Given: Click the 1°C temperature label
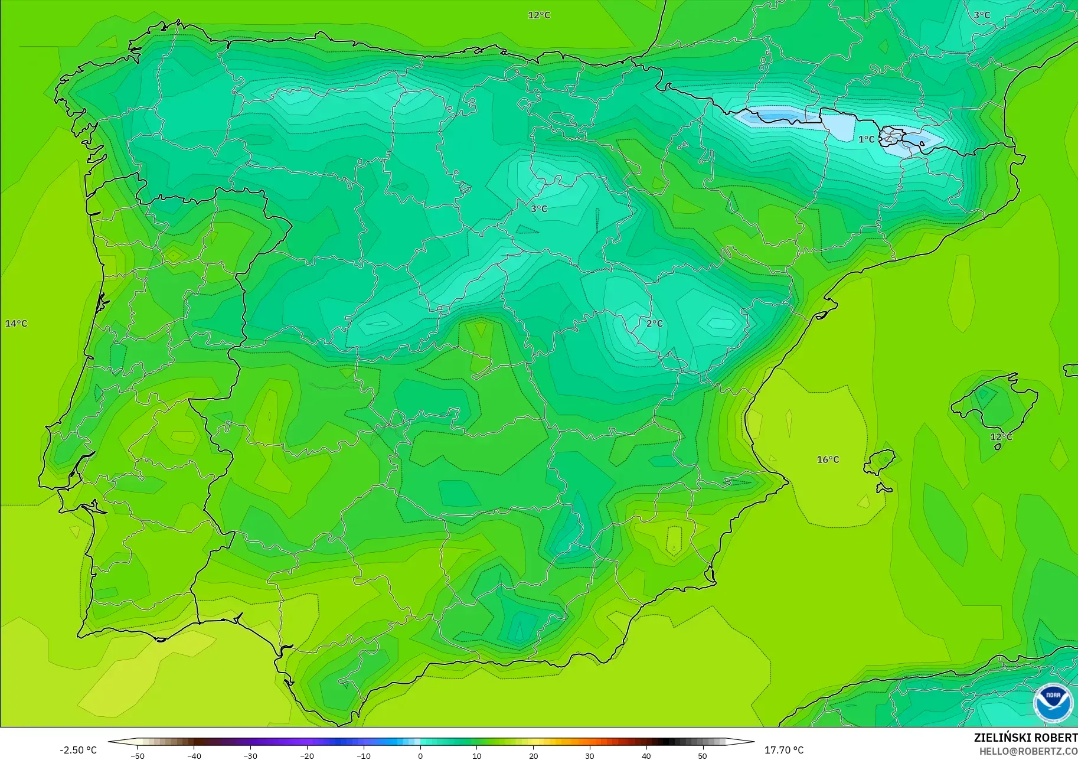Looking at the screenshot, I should [866, 139].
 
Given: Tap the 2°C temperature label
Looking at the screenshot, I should [654, 324].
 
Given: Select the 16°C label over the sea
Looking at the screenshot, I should [828, 459].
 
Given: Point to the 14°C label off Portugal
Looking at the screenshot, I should [17, 324].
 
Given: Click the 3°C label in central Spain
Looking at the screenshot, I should [538, 208].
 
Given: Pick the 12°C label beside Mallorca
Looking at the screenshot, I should [1001, 437].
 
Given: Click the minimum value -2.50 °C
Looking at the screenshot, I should [78, 750].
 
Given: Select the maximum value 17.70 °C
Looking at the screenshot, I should [784, 750].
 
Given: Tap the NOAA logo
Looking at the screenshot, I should [1053, 702].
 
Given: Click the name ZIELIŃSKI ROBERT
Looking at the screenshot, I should [1025, 738].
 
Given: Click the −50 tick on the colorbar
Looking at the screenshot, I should [137, 755].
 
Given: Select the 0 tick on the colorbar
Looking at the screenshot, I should [420, 755].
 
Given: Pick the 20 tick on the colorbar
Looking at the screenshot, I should [533, 755].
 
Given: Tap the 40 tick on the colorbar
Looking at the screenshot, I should [646, 755].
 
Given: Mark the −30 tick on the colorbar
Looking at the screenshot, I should [250, 755].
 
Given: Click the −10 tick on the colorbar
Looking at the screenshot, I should [364, 755].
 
